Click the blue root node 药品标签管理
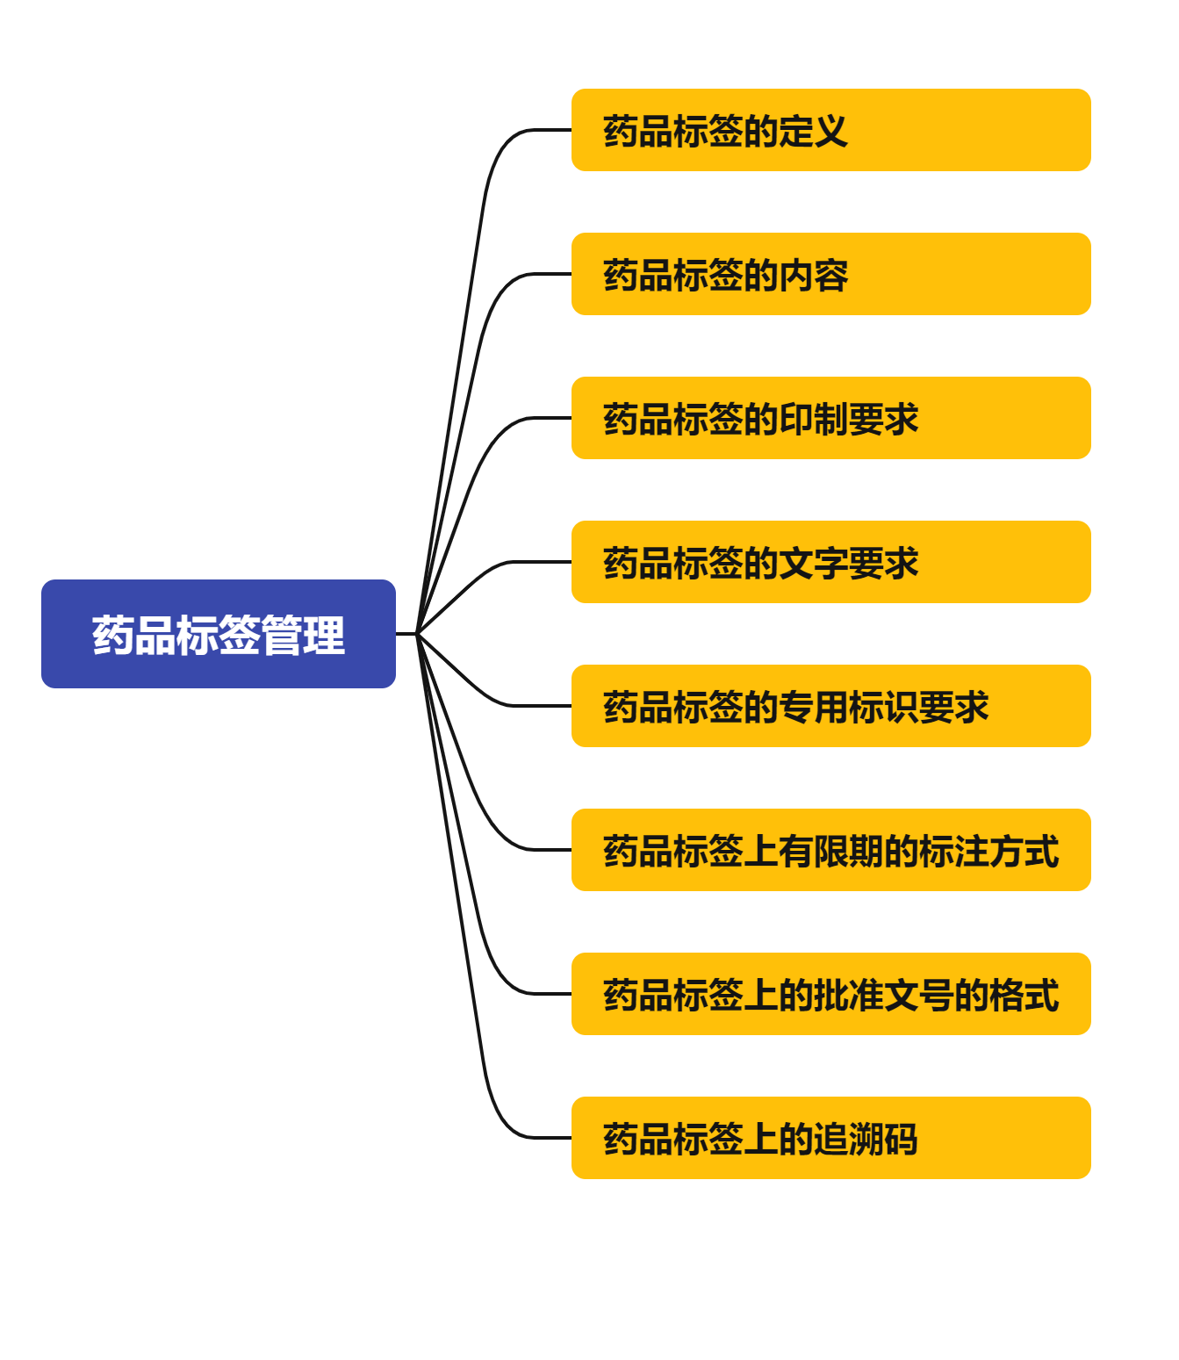[218, 634]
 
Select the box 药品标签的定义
[830, 130]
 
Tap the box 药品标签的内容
[830, 274]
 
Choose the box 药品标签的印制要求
[830, 418]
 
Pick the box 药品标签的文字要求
[830, 562]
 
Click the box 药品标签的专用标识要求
[830, 706]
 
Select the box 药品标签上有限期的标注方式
[830, 850]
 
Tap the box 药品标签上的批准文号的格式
[830, 994]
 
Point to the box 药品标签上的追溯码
[830, 1138]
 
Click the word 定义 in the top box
[813, 132]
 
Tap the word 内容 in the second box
[813, 276]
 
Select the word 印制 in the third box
[813, 420]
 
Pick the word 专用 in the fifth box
[813, 708]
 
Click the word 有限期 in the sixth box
[830, 852]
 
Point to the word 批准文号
[883, 996]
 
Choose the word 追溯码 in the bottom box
[866, 1140]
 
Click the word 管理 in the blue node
[303, 636]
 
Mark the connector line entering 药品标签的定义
[544, 130]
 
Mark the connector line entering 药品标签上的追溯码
[544, 1138]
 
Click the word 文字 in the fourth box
[813, 564]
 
